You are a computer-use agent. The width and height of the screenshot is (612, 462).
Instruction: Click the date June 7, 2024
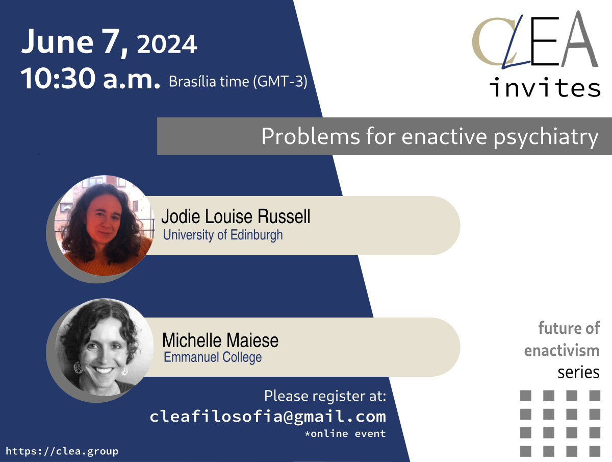(109, 42)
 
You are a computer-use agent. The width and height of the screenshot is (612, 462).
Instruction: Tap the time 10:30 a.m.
(90, 78)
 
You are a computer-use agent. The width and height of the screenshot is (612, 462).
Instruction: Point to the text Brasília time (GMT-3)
(238, 82)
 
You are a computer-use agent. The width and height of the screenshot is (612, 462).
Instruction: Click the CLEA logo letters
(535, 40)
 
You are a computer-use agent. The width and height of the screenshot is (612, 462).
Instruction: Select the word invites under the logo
(545, 87)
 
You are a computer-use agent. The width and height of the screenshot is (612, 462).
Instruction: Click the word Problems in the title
(311, 136)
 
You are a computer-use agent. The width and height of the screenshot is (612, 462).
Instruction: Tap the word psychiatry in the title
(546, 137)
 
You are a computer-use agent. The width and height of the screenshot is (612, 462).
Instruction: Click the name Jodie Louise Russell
(236, 216)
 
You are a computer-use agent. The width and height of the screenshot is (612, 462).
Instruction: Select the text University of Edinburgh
(223, 235)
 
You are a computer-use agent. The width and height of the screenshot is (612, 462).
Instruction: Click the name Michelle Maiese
(220, 340)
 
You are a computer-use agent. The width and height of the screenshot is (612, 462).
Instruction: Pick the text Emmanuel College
(213, 357)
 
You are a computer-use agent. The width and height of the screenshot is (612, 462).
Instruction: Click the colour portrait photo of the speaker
(104, 226)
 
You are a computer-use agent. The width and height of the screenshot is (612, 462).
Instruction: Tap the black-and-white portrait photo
(104, 347)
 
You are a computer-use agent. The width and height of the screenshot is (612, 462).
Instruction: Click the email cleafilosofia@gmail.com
(268, 417)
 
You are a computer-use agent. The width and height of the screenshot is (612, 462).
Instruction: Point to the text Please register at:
(325, 396)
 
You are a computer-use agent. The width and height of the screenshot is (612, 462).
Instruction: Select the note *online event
(345, 433)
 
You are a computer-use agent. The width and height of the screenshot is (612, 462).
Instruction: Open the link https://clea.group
(62, 451)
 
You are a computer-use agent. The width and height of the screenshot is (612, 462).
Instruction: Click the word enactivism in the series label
(562, 350)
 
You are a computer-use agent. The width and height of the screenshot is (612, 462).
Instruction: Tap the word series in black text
(578, 372)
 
